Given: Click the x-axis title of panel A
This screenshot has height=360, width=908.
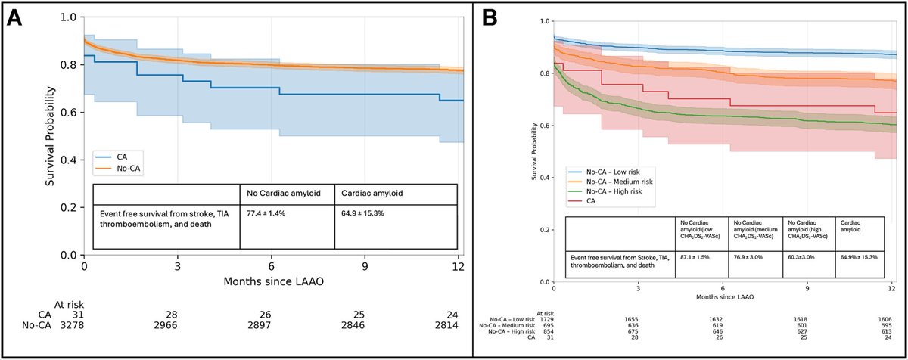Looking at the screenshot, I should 274,281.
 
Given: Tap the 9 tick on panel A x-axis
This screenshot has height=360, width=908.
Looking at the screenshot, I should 365,267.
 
